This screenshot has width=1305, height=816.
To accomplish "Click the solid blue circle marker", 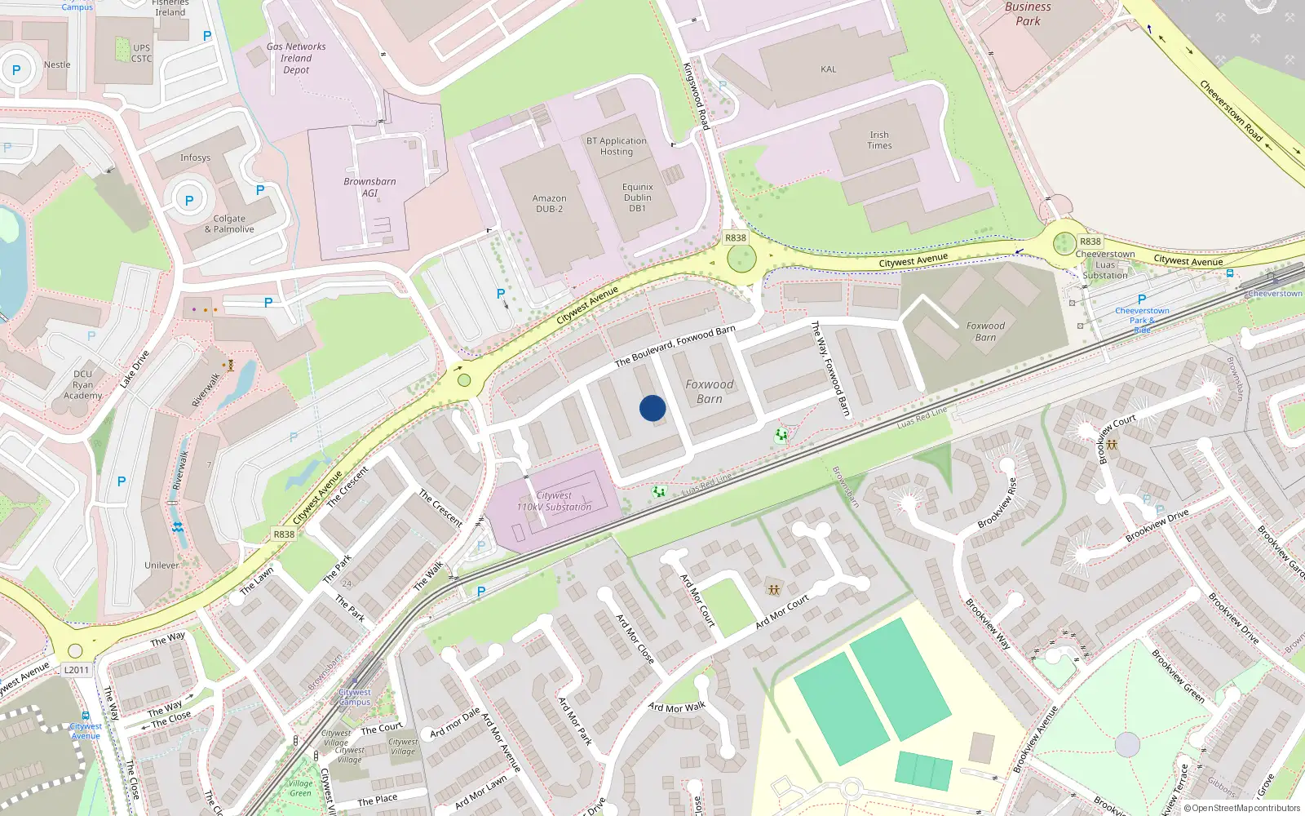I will (x=652, y=408).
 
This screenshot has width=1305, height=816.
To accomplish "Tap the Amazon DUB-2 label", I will (x=549, y=203).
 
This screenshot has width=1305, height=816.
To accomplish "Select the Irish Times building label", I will (x=879, y=140).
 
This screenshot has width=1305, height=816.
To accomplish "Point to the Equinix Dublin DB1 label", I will (x=637, y=197).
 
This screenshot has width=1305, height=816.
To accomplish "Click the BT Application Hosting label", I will (x=617, y=146).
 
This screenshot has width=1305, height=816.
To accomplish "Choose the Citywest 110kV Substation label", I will (x=554, y=501).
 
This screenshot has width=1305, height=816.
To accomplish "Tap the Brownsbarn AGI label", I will (x=369, y=187).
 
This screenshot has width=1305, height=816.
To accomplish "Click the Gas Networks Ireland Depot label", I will (x=296, y=58).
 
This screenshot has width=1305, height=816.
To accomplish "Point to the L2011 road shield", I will (x=77, y=670).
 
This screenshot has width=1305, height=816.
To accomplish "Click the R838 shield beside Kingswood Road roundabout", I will (x=736, y=238).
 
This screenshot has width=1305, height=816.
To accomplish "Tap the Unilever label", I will (x=161, y=565).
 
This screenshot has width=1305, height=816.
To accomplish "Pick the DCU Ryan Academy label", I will (x=82, y=384).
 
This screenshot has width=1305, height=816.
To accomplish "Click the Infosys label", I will (x=195, y=157).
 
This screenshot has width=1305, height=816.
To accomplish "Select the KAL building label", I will (x=829, y=69).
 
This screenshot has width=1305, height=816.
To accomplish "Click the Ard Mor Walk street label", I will (x=676, y=707).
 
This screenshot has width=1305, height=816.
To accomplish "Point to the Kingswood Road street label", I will (x=697, y=95).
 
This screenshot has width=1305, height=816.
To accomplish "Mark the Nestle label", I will (x=57, y=64).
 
